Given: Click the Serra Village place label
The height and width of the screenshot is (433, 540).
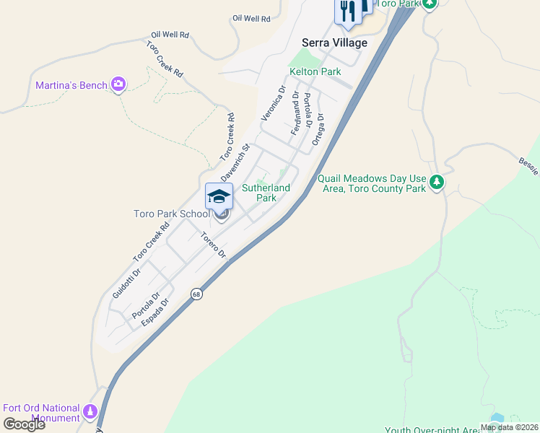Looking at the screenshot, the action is [x=334, y=43].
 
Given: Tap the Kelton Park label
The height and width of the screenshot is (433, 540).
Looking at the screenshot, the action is [x=315, y=71].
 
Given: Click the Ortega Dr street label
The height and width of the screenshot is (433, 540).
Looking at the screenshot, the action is [x=318, y=129].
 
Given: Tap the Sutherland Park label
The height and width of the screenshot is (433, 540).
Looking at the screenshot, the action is [x=266, y=193].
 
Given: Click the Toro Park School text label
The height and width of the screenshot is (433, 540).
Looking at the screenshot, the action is [x=171, y=214].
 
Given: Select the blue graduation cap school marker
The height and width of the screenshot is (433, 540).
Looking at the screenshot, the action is [x=219, y=196].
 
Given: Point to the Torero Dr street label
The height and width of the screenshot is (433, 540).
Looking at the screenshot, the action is [x=213, y=245].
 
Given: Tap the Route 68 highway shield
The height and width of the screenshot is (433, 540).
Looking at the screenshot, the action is [x=196, y=294].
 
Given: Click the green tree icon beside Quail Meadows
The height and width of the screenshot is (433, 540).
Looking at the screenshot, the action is [x=436, y=183].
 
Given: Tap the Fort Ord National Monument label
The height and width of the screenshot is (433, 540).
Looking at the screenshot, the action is [x=41, y=413].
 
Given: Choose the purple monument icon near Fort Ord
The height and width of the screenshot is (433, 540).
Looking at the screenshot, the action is [x=90, y=412].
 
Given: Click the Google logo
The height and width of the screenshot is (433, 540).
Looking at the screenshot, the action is [x=24, y=424].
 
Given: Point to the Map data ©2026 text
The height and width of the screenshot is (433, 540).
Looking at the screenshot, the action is [x=509, y=427].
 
